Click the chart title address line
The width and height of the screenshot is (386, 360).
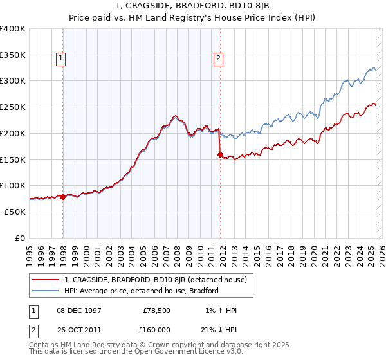click(192, 6)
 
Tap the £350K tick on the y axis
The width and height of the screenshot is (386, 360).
click(13, 55)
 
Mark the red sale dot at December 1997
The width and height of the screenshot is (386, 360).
click(63, 197)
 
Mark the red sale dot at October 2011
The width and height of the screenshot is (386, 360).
click(221, 154)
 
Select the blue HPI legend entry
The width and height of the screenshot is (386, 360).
click(142, 291)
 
